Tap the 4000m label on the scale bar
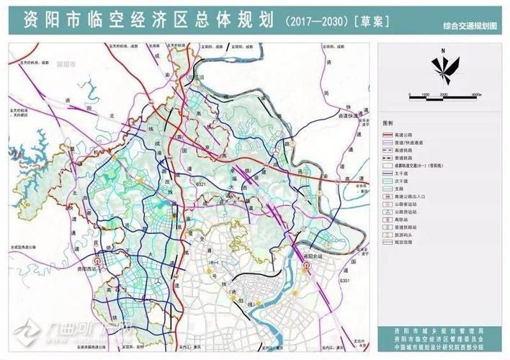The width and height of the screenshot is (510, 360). point(476,95)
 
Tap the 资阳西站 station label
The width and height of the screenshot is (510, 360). point(86,266)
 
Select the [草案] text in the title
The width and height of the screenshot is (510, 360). point(370,20)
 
